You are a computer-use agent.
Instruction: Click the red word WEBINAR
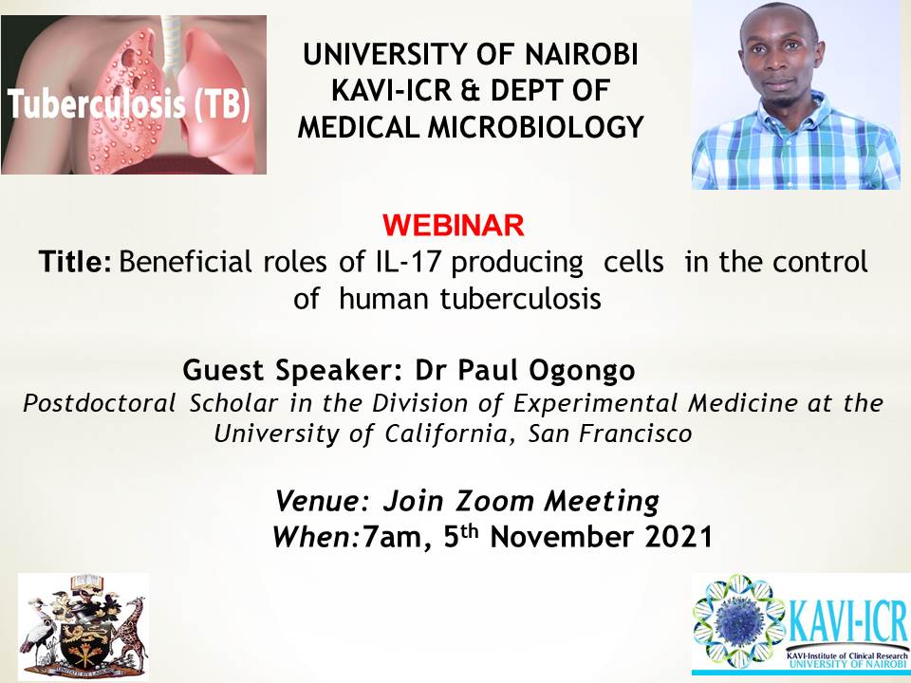pos(454,226)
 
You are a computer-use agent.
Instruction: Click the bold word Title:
pos(75,262)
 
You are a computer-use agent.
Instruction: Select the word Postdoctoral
pos(100,403)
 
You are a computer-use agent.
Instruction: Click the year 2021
pos(679,537)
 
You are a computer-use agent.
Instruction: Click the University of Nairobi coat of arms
pos(84,626)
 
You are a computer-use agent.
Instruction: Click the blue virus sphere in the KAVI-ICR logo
pos(738,622)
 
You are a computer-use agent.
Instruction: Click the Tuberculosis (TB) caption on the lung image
pos(129,105)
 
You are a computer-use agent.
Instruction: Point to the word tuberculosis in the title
pos(520,299)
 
